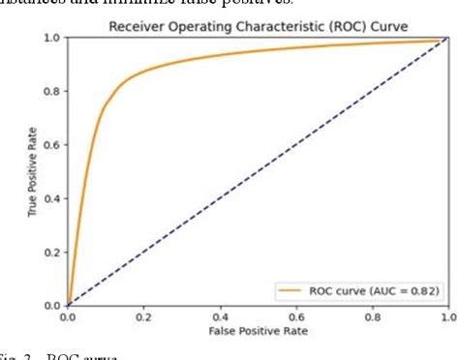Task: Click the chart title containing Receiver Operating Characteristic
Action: pyautogui.click(x=257, y=26)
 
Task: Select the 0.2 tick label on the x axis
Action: pyautogui.click(x=143, y=316)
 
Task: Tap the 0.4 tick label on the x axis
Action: pyautogui.click(x=220, y=316)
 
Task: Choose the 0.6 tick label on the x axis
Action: pyautogui.click(x=295, y=316)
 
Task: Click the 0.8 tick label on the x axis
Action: pyautogui.click(x=371, y=316)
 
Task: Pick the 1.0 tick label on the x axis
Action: pyautogui.click(x=446, y=316)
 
